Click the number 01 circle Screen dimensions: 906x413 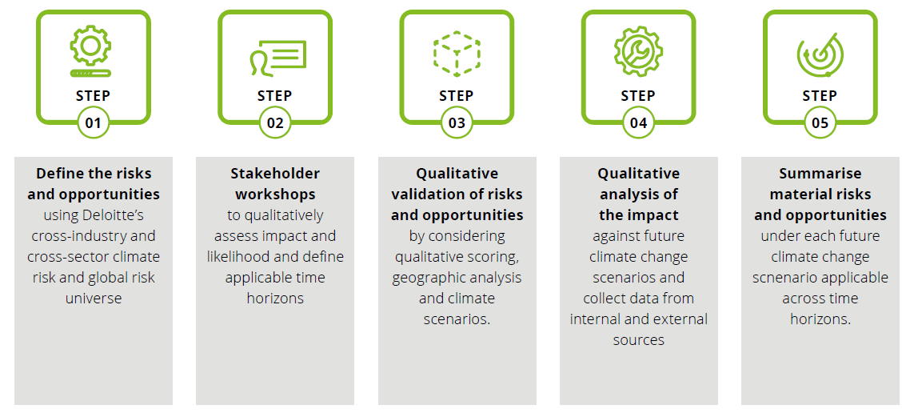point(93,122)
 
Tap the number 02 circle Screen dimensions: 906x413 point(275,122)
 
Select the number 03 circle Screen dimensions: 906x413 point(457,122)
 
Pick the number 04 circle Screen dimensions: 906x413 point(638,122)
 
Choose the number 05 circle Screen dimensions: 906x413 point(820,122)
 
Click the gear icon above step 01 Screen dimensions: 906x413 point(90,52)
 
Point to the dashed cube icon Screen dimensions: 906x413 point(457,54)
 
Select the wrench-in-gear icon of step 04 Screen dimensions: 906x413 point(638,52)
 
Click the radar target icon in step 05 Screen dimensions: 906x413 point(820,54)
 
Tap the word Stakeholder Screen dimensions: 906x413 point(275,174)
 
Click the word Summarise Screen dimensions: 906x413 point(820,174)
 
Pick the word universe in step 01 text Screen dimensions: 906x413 point(94,299)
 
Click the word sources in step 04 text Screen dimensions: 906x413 point(638,340)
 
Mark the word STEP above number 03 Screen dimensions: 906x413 point(457,95)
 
